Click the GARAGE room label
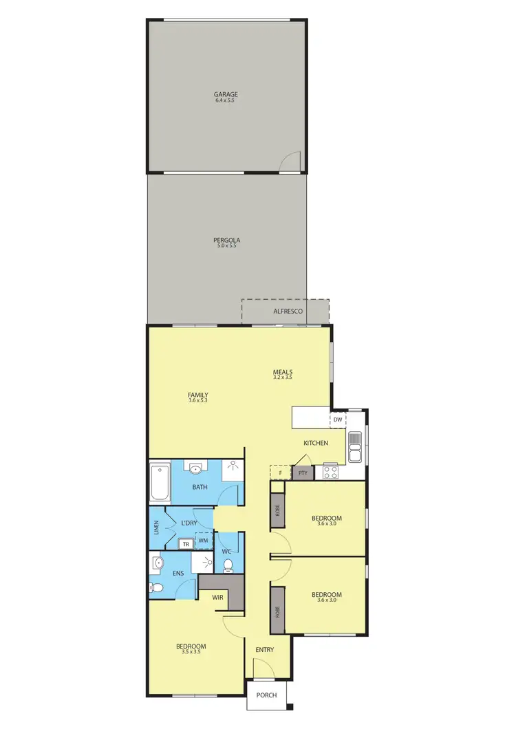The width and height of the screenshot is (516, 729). point(226,94)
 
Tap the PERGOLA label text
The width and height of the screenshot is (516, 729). point(226,241)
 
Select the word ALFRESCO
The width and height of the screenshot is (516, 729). point(288,312)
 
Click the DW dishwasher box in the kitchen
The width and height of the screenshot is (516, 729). point(338,419)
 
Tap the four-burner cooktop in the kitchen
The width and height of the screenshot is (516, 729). point(330,472)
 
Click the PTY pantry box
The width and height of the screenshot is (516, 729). point(303,473)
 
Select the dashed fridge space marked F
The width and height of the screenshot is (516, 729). point(280,473)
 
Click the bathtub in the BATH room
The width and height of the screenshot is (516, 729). point(160,483)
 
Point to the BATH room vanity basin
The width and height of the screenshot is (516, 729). point(196,470)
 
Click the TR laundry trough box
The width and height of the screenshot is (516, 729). point(185,543)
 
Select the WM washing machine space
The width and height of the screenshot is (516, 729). point(204,541)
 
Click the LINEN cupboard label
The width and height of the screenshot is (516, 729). point(156,529)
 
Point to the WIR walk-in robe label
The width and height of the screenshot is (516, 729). point(218,597)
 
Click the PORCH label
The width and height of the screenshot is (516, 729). point(266,695)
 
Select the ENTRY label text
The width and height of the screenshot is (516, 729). point(265,650)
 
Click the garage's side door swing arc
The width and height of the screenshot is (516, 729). point(292,160)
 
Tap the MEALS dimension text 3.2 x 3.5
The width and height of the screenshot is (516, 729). point(283,377)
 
